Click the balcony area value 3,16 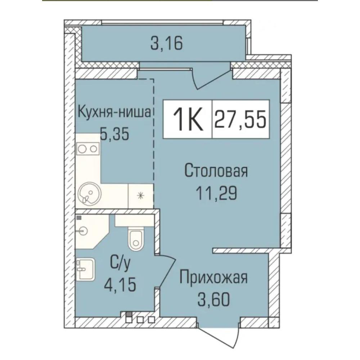[167, 44]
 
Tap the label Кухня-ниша [114, 112]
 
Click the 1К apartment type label [188, 119]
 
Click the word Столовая [216, 171]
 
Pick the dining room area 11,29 [216, 193]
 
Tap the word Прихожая [213, 277]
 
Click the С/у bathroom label [120, 264]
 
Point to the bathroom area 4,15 [120, 284]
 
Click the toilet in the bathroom [136, 238]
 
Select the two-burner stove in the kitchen [88, 149]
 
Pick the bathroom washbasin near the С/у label [85, 269]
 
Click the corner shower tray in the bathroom [92, 231]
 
